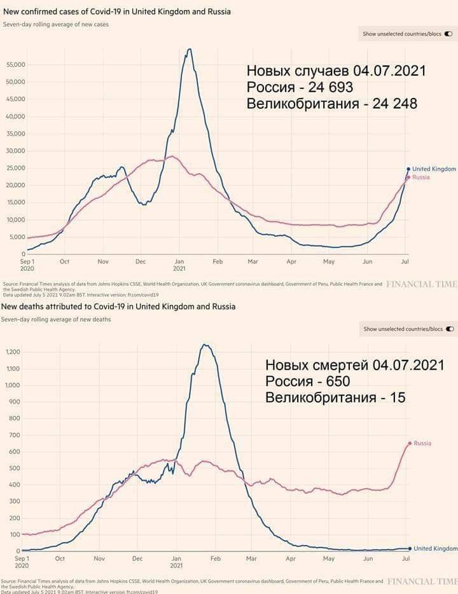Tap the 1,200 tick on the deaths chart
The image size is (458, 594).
pyautogui.click(x=13, y=352)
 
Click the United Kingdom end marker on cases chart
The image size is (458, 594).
pyautogui.click(x=408, y=169)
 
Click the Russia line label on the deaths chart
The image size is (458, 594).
pyautogui.click(x=422, y=443)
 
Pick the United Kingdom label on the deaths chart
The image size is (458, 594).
pyautogui.click(x=436, y=548)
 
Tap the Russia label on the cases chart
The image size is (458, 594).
pyautogui.click(x=420, y=177)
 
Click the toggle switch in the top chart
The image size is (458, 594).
pyautogui.click(x=449, y=34)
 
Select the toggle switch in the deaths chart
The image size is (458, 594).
pyautogui.click(x=450, y=329)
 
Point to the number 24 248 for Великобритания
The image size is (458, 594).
pyautogui.click(x=391, y=104)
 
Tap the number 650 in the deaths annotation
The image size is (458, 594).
pyautogui.click(x=337, y=382)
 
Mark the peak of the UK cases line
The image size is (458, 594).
pyautogui.click(x=189, y=50)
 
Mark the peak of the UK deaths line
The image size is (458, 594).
pyautogui.click(x=204, y=345)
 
